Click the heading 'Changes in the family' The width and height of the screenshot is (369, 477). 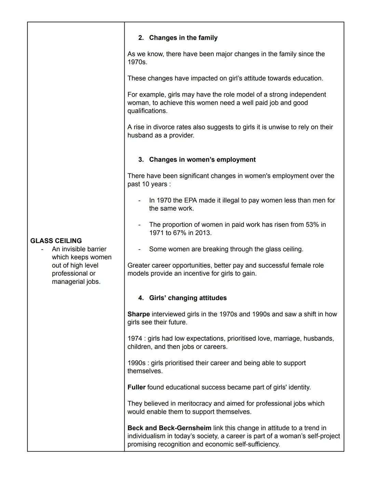pos(183,38)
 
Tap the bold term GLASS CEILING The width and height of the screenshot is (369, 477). pos(56,241)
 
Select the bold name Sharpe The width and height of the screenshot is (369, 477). pos(138,314)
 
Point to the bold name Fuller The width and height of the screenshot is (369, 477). pos(136,387)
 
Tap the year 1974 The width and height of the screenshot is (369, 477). pos(135,339)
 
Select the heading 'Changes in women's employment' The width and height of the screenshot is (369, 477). pos(202,160)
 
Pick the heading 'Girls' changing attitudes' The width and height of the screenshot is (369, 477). pos(188,298)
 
